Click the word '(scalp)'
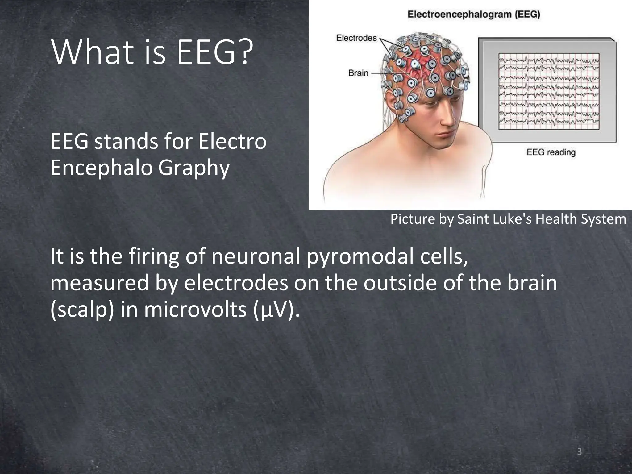point(82,310)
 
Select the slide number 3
point(579,452)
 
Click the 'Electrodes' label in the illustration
point(356,38)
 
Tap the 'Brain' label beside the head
point(358,73)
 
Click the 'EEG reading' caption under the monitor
point(551,152)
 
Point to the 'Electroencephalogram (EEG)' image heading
point(474,15)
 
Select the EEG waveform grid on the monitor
point(549,91)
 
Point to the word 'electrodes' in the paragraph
point(236,283)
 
